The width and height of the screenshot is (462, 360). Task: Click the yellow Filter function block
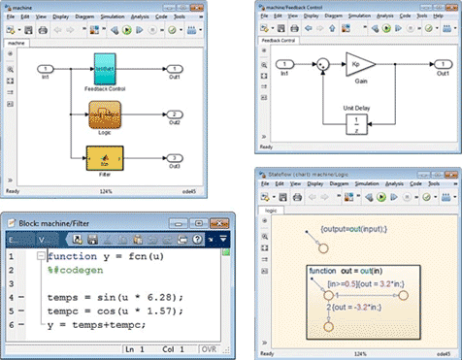(107, 156)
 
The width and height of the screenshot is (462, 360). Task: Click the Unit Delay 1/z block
(357, 123)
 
